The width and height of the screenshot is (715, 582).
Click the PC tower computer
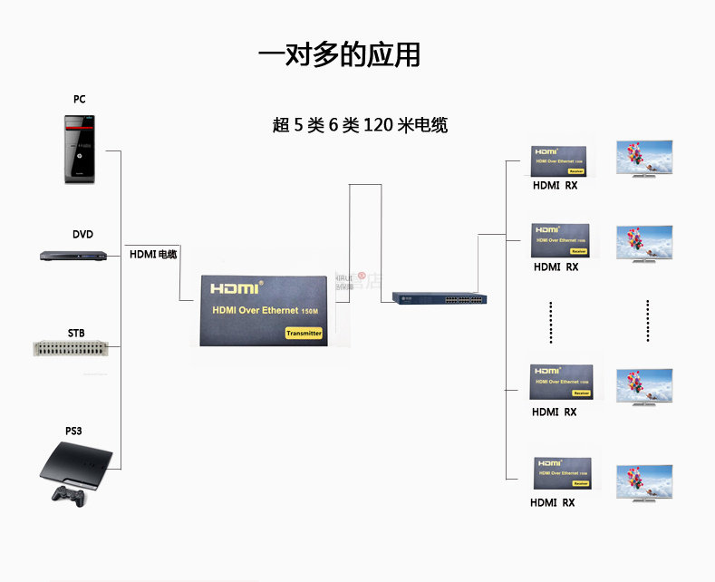coord(80,149)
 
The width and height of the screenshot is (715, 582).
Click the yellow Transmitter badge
coord(304,333)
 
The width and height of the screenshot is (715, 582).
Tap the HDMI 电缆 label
coord(153,255)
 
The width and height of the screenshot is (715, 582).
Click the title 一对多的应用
coord(339,54)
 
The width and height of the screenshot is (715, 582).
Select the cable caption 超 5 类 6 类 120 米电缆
coord(360,125)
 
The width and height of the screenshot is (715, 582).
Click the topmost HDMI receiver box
coord(560,160)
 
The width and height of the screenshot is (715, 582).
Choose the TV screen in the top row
coord(644,158)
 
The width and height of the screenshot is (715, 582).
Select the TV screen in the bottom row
coord(644,482)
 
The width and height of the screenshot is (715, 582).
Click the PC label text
coord(80,99)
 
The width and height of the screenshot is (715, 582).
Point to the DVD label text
coord(82,234)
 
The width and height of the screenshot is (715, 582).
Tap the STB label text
coord(76,333)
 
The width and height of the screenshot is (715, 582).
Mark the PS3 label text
coord(72,431)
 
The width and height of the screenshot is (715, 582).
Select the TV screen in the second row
coord(644,241)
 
